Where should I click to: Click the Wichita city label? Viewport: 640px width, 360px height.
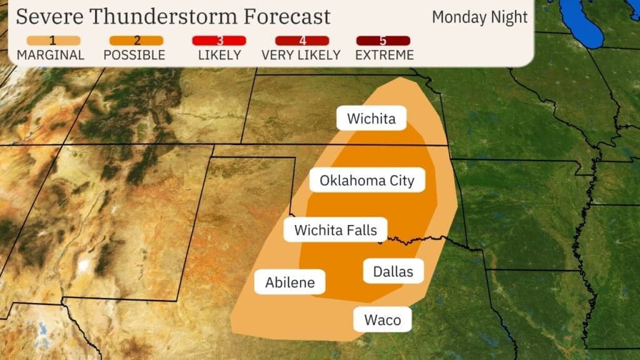point(371,119)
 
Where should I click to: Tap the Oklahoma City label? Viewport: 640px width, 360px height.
point(367,181)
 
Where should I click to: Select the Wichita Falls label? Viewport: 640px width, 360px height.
point(336,230)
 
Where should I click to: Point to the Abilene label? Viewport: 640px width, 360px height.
point(289,282)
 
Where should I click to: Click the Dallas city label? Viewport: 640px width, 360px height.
point(393,271)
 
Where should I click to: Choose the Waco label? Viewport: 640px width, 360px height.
point(382,320)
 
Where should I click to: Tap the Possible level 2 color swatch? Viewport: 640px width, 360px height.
point(137,41)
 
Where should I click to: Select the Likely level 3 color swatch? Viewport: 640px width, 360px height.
point(219,41)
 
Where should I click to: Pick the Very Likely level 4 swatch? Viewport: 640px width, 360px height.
point(301,41)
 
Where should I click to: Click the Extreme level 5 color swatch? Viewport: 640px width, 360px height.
point(384,41)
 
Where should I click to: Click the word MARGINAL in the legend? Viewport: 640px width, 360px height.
point(51,55)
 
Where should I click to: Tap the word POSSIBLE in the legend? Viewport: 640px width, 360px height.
point(134,55)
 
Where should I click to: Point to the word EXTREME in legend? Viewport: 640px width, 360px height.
point(384,55)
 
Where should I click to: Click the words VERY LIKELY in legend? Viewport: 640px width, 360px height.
point(301,55)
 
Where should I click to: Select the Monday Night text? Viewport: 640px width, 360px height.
point(479,17)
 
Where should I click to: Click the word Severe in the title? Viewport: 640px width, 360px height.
point(49,17)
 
